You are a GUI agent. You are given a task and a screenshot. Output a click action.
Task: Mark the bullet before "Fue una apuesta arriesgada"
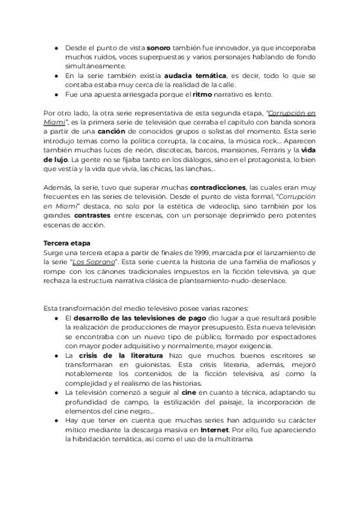click(56, 94)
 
